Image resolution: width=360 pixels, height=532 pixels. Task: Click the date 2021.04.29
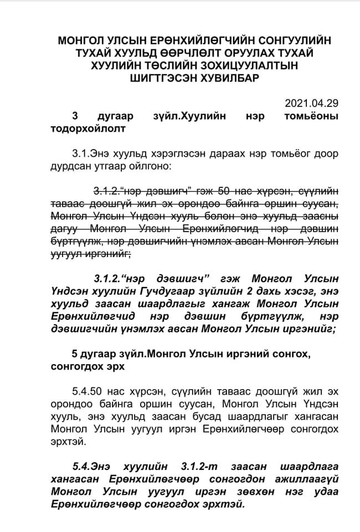click(311, 103)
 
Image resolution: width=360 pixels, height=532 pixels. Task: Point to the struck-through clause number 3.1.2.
click(109, 191)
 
